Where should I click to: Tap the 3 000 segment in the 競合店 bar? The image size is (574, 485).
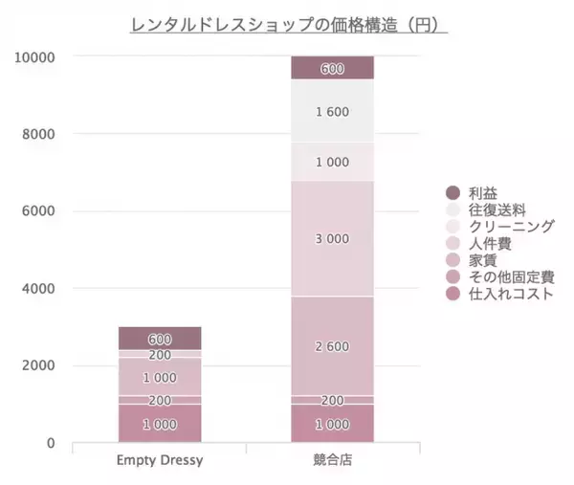click(332, 239)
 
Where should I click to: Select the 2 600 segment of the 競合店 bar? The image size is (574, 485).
click(332, 346)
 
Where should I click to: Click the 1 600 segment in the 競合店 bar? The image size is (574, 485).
click(332, 112)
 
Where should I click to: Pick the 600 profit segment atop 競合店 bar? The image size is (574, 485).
click(332, 68)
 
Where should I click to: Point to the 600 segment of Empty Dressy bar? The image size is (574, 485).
click(160, 339)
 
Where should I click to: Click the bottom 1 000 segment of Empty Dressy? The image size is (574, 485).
click(160, 424)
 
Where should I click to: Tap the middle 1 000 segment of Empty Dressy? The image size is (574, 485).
click(160, 377)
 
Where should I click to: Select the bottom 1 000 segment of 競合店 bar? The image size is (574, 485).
click(332, 424)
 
